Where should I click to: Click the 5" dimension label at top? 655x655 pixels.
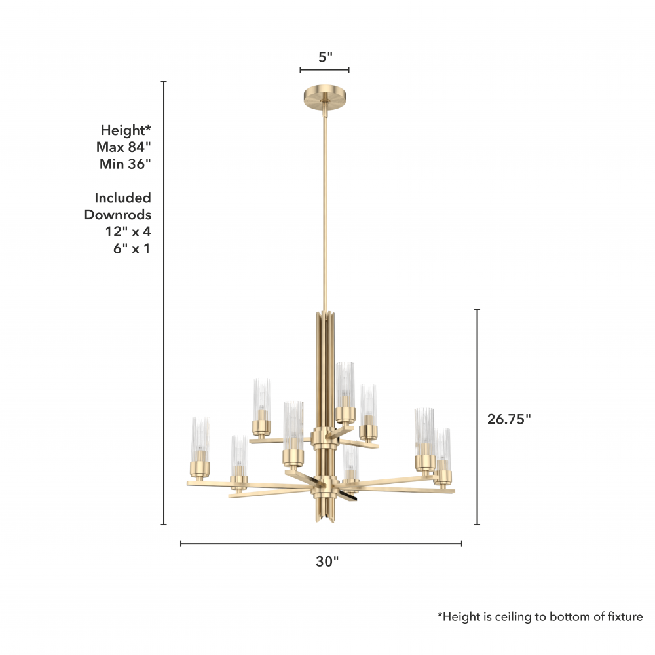[326, 57]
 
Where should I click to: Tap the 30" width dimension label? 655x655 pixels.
[327, 561]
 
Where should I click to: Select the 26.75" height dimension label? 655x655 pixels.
[509, 419]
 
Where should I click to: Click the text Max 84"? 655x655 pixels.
[123, 147]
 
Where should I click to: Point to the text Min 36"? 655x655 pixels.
[125, 164]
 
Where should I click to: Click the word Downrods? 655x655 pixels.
[118, 215]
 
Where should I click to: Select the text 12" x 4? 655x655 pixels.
[128, 231]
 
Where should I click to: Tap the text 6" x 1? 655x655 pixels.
[132, 248]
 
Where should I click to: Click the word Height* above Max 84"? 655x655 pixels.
[126, 130]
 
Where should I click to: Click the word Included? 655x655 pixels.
[123, 198]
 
